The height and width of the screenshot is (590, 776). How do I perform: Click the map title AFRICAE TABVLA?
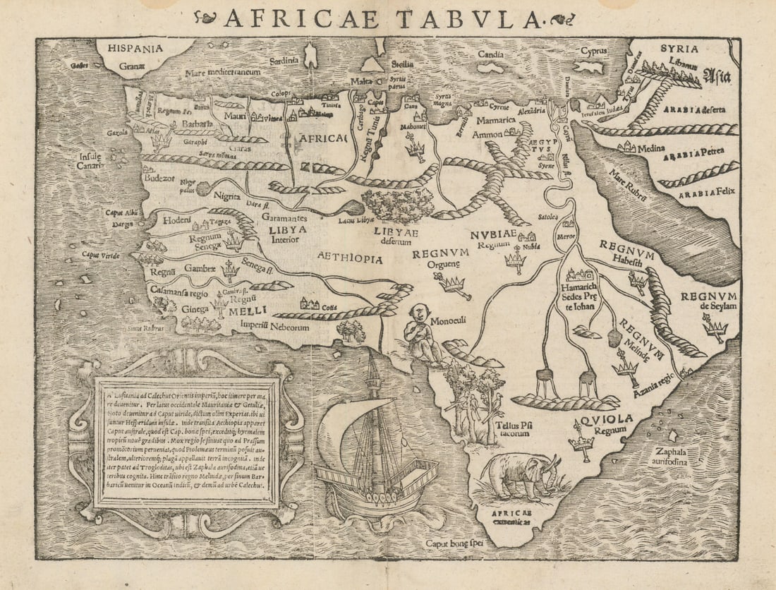point(382,18)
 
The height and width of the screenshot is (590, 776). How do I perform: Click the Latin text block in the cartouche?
point(187,442)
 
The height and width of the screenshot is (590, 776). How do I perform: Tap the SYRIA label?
point(679,49)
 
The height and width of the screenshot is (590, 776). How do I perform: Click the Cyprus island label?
point(594,51)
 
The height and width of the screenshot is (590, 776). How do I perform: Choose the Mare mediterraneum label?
point(223,72)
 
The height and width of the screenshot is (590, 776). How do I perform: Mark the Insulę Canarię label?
point(90,161)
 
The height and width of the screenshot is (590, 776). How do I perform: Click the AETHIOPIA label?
point(350,258)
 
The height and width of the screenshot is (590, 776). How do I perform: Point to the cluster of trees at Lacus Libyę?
point(398,205)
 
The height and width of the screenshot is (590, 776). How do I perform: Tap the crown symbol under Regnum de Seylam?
point(715,326)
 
